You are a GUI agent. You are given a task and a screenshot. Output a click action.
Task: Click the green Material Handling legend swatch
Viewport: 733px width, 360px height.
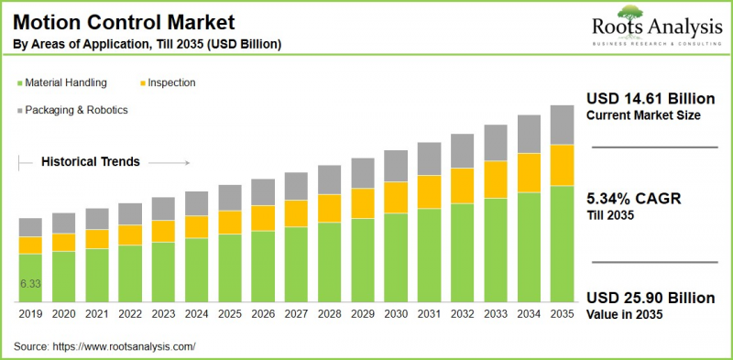pos(19,83)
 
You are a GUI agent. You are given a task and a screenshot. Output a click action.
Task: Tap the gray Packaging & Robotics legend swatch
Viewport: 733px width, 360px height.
pos(19,110)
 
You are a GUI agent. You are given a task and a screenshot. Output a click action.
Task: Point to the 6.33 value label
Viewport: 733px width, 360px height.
pos(30,284)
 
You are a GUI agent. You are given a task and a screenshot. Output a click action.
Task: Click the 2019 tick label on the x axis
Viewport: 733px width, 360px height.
pos(30,313)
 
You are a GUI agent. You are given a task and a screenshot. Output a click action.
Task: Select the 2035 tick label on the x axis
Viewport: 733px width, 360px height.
pos(561,313)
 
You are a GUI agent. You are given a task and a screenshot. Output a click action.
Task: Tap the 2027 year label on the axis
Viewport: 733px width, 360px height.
pos(296,313)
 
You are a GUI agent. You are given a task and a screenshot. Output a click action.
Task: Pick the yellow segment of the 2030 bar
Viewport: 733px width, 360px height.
pos(395,197)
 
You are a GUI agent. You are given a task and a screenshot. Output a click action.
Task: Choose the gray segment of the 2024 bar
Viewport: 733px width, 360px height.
pos(196,203)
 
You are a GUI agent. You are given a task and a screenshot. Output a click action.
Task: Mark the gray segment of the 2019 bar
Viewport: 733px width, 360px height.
pos(30,227)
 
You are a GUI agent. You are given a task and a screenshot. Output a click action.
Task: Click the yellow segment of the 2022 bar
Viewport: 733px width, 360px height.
pos(130,235)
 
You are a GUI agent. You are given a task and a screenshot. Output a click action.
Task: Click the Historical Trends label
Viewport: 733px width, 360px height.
pos(90,162)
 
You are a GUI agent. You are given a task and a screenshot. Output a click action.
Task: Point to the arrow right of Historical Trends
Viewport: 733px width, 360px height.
pos(168,163)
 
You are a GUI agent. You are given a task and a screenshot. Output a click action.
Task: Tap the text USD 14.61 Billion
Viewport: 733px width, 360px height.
pos(643,98)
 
